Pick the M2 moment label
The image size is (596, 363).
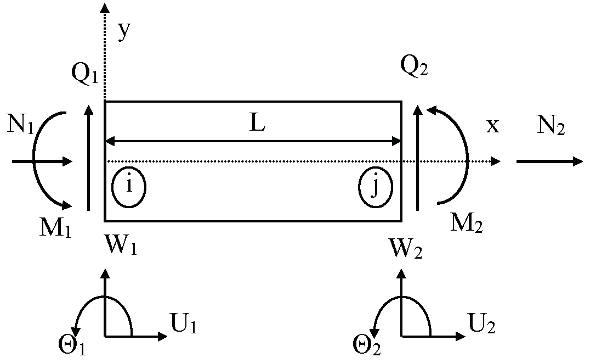467,223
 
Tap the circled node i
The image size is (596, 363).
129,187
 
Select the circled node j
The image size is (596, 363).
376,187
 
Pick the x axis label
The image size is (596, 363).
493,126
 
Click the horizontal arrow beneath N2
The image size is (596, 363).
549,161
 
